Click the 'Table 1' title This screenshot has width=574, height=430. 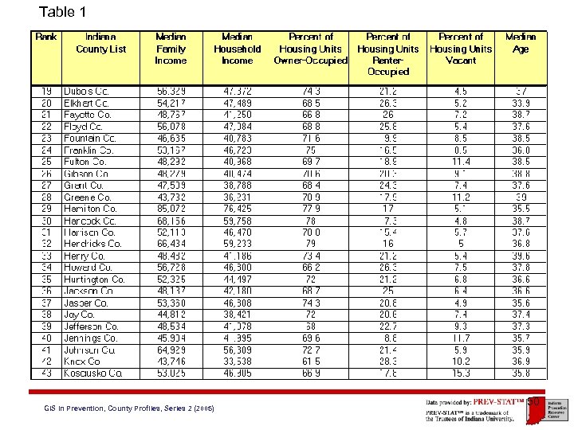click(62, 12)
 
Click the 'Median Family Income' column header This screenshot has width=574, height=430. click(171, 49)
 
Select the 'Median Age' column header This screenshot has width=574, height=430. click(521, 42)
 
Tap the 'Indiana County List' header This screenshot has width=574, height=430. click(100, 42)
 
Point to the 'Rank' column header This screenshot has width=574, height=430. click(45, 37)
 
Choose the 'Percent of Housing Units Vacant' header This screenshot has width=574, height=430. click(461, 49)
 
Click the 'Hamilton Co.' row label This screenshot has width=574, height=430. click(90, 209)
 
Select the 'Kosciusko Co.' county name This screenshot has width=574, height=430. click(92, 373)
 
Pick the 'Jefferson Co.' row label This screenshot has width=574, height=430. click(91, 326)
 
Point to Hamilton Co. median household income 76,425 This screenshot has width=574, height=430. click(238, 209)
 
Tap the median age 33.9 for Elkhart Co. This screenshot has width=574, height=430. click(521, 103)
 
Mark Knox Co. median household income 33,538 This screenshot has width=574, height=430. click(238, 361)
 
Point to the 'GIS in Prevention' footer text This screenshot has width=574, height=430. click(128, 408)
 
